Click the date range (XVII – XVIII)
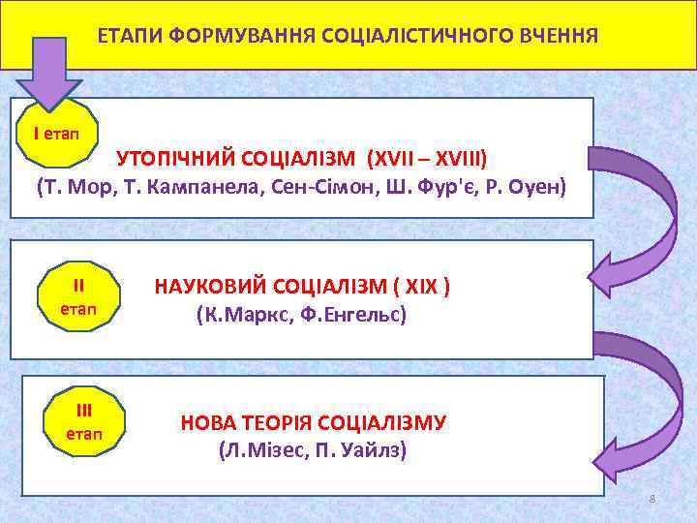coord(428,157)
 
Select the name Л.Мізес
coord(257,450)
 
